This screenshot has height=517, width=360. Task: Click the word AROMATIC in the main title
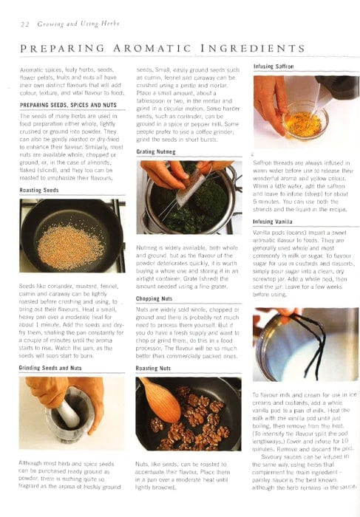click(151, 49)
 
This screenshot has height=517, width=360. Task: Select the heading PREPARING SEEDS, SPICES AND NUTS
click(68, 105)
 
